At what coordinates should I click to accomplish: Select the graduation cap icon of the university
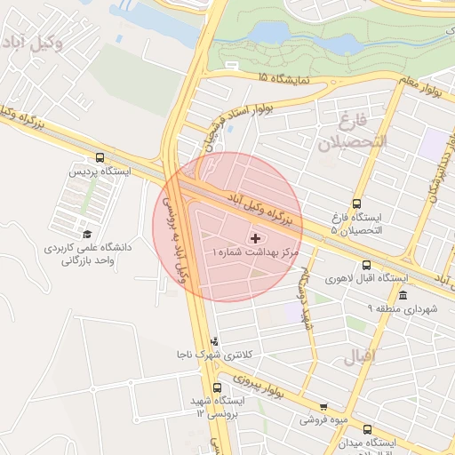click(88, 234)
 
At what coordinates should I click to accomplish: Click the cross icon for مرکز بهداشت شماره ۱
click(257, 238)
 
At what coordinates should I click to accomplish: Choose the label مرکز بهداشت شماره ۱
click(254, 252)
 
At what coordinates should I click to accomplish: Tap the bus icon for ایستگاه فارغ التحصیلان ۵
click(356, 204)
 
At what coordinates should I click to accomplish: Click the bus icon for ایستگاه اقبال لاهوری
click(367, 265)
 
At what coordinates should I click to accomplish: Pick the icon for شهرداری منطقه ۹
click(403, 296)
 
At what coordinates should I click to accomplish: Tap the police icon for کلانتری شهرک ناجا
click(213, 341)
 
